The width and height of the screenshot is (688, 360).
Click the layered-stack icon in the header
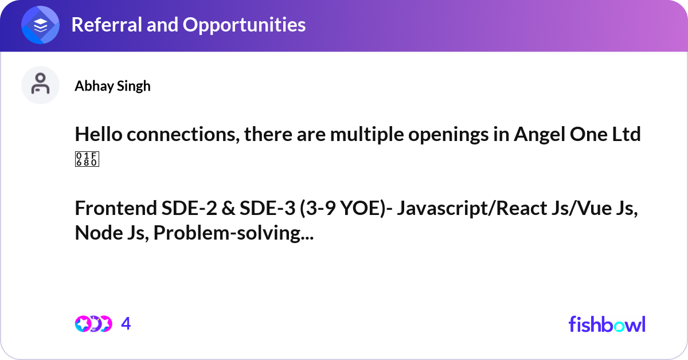(40, 25)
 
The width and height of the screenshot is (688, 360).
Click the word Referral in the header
(107, 25)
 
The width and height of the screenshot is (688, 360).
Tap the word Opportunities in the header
(244, 25)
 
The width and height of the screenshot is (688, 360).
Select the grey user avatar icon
(40, 85)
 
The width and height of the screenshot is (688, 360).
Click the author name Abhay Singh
(113, 86)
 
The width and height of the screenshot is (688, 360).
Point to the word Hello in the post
(99, 134)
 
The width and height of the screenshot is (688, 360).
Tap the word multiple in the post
(367, 135)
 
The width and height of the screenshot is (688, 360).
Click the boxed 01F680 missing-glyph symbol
(87, 159)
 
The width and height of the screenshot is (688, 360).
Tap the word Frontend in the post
(116, 208)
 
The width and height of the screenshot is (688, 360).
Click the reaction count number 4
(126, 324)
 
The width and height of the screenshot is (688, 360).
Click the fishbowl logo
(607, 324)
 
